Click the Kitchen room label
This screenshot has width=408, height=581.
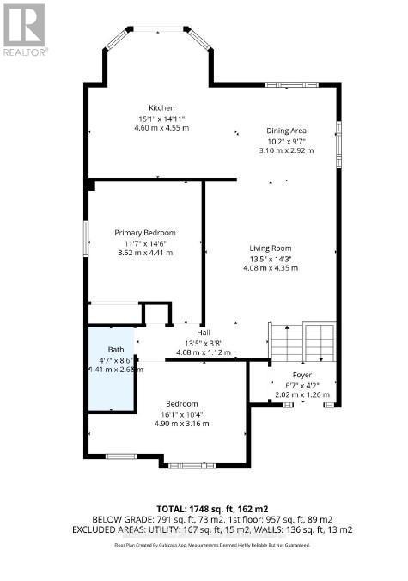[161, 107]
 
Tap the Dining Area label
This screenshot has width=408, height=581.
[286, 131]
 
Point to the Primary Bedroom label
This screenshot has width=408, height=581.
[145, 233]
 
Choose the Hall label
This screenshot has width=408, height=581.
[204, 333]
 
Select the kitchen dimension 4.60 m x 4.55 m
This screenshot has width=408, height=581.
[161, 128]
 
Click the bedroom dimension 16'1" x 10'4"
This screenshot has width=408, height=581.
[181, 413]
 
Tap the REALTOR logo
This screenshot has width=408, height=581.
[24, 29]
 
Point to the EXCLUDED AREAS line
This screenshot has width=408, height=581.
[204, 530]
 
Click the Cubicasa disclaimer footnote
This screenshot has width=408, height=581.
[204, 545]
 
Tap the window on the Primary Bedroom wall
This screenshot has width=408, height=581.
[86, 237]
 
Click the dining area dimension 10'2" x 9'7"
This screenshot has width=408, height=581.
[286, 140]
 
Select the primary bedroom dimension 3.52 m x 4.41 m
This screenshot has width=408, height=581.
[145, 253]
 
